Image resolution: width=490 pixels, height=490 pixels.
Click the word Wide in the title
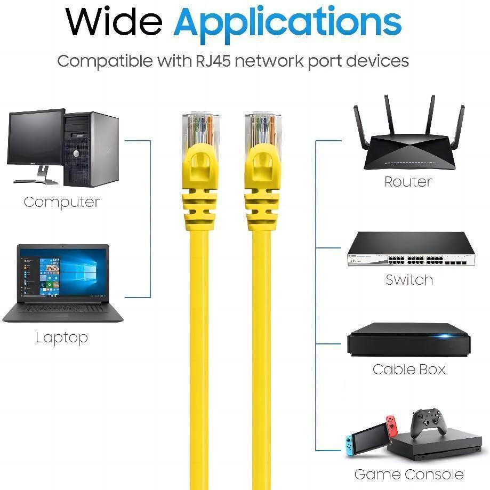coord(114,21)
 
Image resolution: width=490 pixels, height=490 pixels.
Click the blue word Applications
coord(287,24)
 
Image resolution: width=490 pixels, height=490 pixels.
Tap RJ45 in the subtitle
coord(213,61)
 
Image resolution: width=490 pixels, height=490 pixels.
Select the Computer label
coord(62,202)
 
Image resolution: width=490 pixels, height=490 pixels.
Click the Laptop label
coord(62,338)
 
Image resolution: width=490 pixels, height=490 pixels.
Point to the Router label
coord(408,182)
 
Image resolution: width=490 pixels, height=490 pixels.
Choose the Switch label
coord(409,280)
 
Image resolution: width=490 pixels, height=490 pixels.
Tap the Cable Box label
coord(409,369)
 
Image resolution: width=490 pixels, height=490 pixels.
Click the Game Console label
coord(409,474)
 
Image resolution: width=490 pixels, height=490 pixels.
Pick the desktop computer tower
coord(91,149)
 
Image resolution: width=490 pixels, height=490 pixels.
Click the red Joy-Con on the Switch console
coord(392,425)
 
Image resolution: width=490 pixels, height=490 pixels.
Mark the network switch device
coord(411,249)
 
